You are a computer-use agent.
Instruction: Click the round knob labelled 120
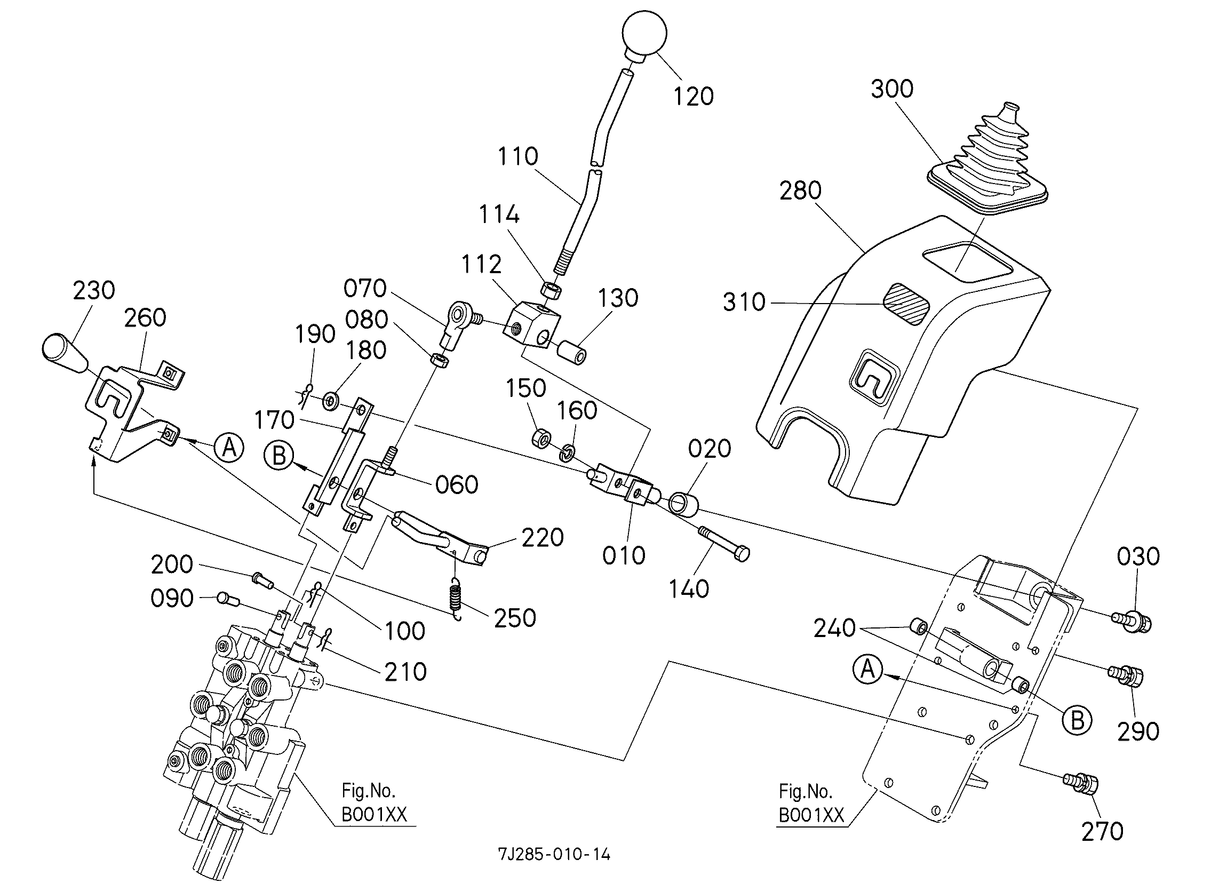644,34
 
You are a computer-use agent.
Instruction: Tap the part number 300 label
891,89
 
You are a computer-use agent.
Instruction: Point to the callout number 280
800,191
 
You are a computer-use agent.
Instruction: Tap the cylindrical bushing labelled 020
684,502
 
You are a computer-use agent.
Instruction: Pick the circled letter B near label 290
1077,720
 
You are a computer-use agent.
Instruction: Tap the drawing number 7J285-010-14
553,855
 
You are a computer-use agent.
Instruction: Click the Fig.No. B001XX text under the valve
373,803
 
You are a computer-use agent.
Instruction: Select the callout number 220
542,537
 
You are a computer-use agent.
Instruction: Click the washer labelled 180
331,401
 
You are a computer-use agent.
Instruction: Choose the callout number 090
171,599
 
